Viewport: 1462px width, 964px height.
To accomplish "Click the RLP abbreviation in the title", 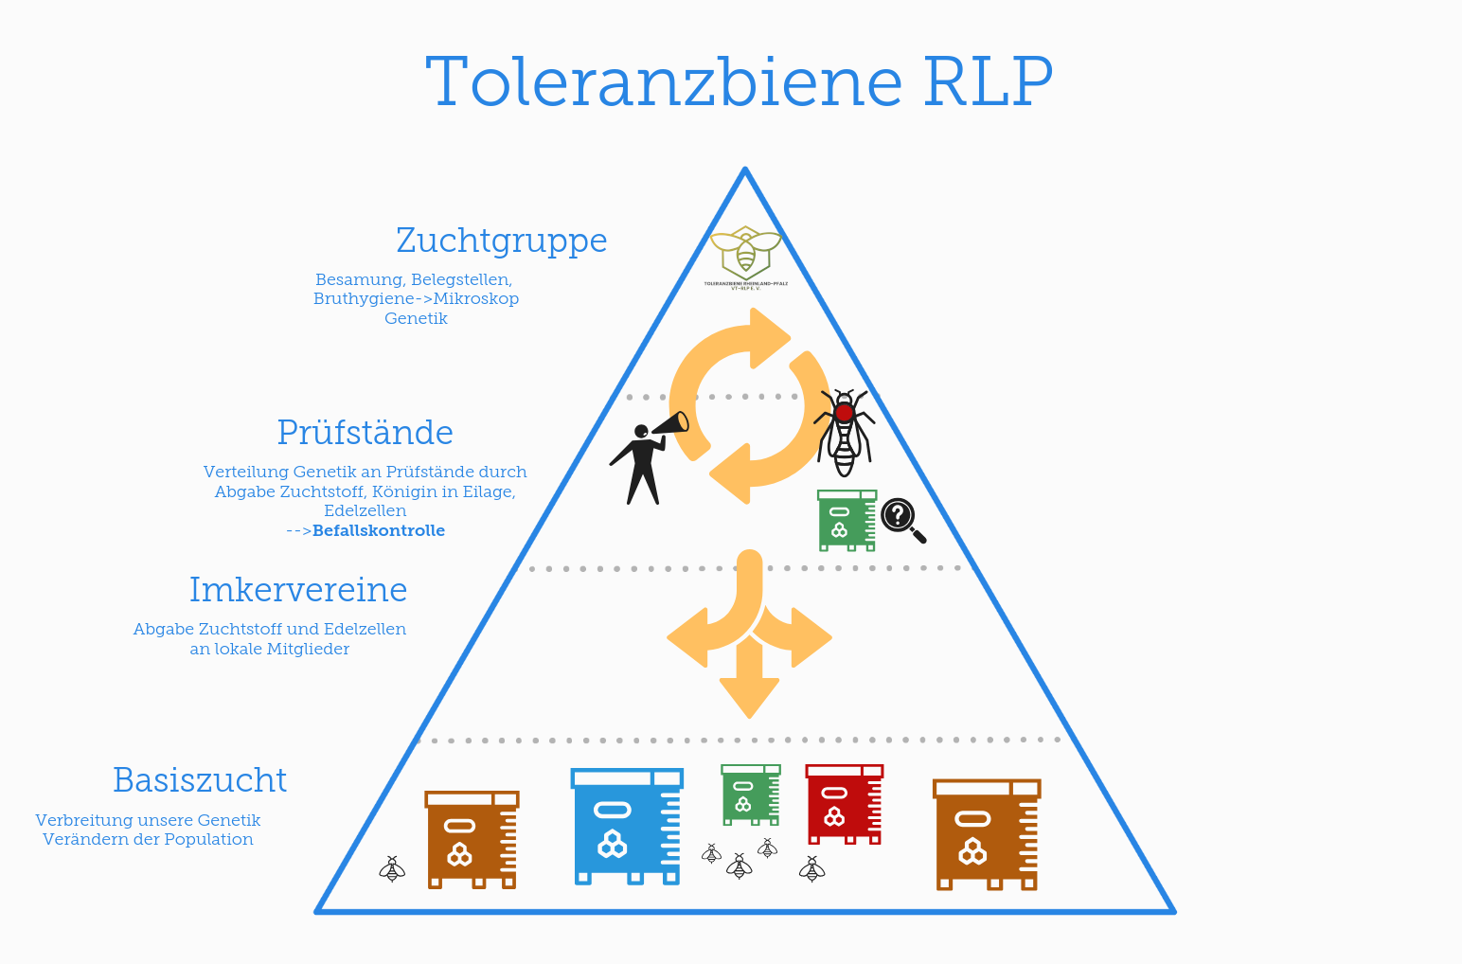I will click(988, 83).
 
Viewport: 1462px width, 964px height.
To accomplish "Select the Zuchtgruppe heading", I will click(502, 241).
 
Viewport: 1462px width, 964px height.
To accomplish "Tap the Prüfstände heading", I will click(365, 433).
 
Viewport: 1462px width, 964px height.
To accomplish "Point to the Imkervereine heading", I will click(298, 590).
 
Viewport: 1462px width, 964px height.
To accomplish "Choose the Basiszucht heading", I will click(200, 780).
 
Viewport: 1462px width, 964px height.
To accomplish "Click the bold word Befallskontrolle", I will click(379, 531).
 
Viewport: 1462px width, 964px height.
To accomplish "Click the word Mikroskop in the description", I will click(476, 299).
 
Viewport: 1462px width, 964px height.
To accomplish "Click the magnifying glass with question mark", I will click(900, 518).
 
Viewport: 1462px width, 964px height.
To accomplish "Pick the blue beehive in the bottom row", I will click(627, 827).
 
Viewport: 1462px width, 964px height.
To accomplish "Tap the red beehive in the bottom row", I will click(844, 804).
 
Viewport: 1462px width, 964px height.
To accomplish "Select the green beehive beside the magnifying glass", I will click(846, 521).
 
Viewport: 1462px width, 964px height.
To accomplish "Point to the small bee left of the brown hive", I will click(392, 869).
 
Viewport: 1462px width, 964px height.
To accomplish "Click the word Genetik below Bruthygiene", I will click(416, 319).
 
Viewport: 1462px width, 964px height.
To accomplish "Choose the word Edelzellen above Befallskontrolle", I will click(365, 511).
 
